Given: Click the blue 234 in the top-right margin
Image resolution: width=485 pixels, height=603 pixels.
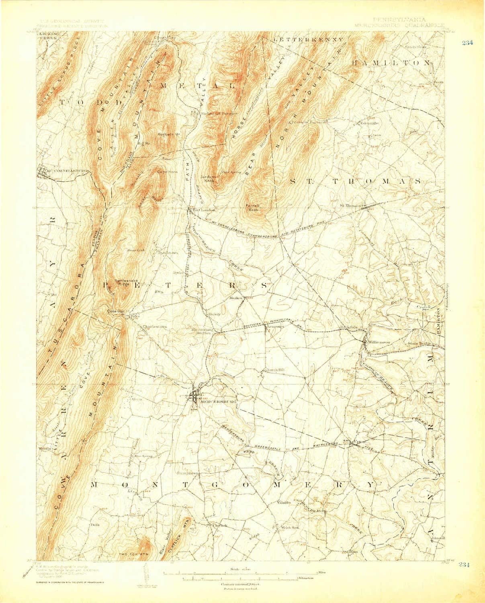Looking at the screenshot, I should tap(467, 44).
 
